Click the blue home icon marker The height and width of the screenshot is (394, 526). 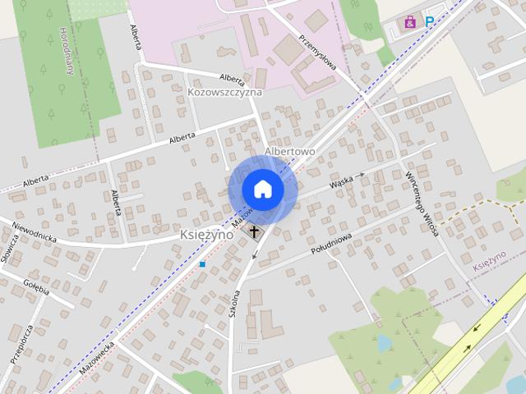pyautogui.click(x=262, y=189)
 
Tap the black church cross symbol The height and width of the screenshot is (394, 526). pyautogui.click(x=254, y=231)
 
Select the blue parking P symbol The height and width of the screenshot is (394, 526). pyautogui.click(x=429, y=22)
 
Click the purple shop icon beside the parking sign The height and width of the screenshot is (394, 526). pyautogui.click(x=408, y=23)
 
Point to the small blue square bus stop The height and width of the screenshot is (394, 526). pyautogui.click(x=202, y=264)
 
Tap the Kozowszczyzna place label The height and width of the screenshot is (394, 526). pyautogui.click(x=224, y=92)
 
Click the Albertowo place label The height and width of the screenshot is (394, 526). pyautogui.click(x=290, y=152)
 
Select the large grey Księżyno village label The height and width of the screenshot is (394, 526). pyautogui.click(x=206, y=235)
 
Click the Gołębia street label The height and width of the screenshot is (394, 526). pyautogui.click(x=37, y=286)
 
